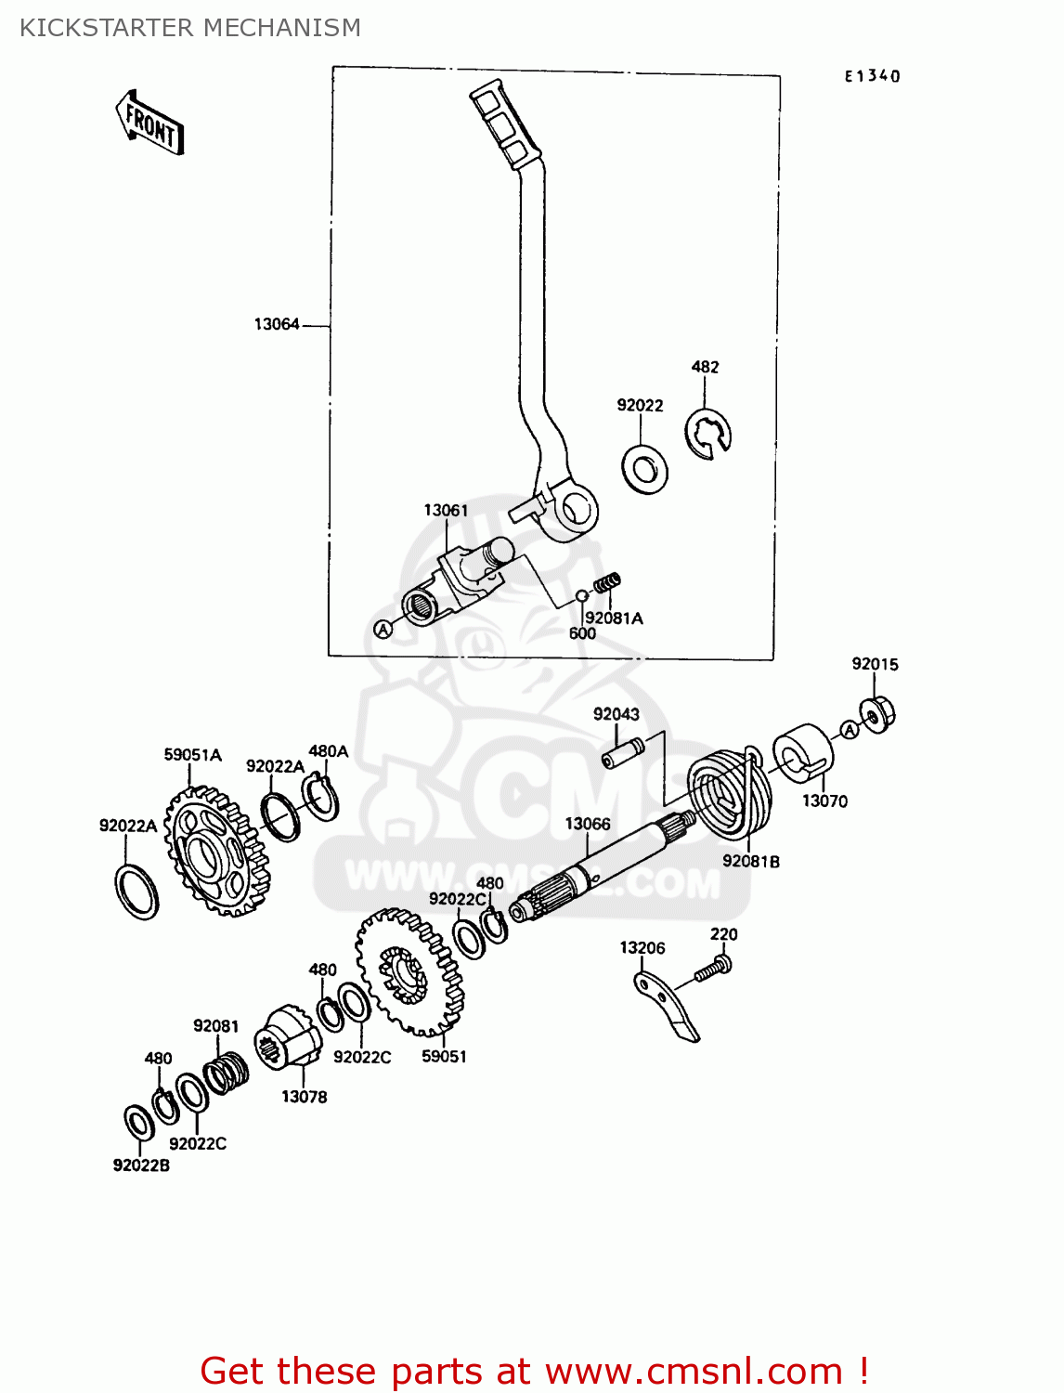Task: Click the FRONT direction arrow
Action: [x=150, y=123]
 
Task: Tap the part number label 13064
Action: [x=277, y=324]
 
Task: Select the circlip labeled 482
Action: [x=708, y=434]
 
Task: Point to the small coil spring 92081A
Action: [x=607, y=584]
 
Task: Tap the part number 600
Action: [x=582, y=633]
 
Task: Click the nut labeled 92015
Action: [x=876, y=713]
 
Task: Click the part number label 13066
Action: [x=588, y=824]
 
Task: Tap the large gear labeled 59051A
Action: [x=216, y=851]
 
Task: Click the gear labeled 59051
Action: [x=409, y=970]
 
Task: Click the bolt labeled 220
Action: [x=713, y=970]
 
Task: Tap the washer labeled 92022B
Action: [x=139, y=1122]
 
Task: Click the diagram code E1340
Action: [x=872, y=76]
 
